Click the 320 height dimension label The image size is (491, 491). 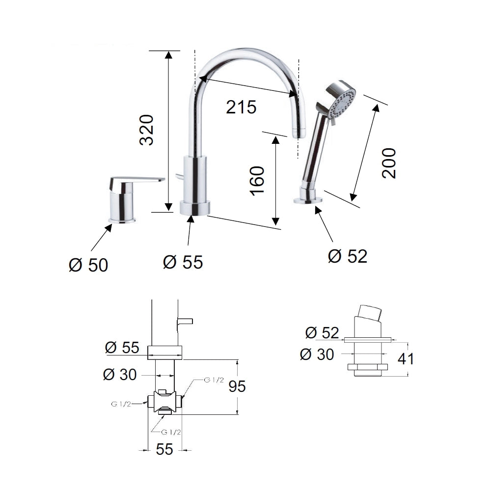(x=146, y=130)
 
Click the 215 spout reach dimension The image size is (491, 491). (x=241, y=107)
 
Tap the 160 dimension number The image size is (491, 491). (x=257, y=181)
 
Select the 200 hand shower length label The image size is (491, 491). (x=389, y=163)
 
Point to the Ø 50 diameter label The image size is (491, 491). (x=88, y=265)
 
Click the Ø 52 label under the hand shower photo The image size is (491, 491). (x=348, y=256)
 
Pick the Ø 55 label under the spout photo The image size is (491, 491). (x=183, y=262)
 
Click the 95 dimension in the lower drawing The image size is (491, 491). (x=237, y=386)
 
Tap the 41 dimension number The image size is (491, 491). (x=405, y=359)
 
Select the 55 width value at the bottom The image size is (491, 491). (x=164, y=449)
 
